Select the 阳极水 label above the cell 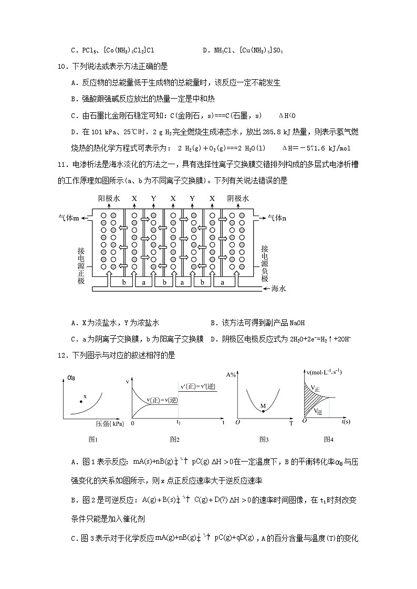click(x=109, y=199)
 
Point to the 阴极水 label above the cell click(x=237, y=199)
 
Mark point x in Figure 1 click(x=80, y=401)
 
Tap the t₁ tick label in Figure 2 click(x=179, y=423)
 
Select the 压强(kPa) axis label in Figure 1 click(x=109, y=423)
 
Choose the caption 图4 click(x=329, y=439)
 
